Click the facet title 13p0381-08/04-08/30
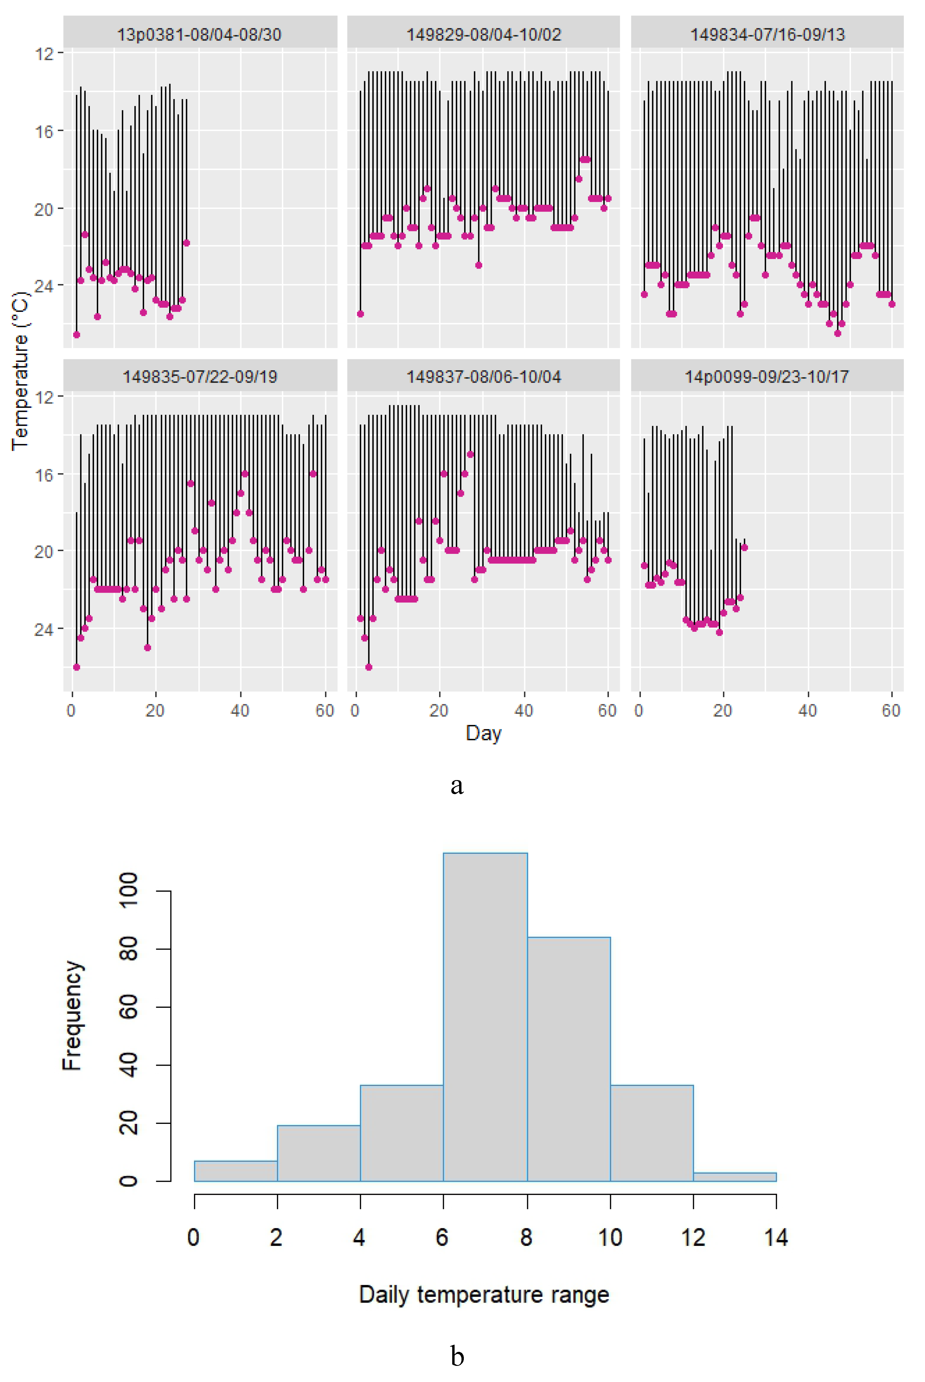coord(199,34)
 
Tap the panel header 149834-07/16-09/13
coord(767,34)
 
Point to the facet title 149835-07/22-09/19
coord(199,377)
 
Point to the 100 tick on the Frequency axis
coord(129,891)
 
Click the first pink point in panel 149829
coord(361,314)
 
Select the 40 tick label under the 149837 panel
coord(523,710)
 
